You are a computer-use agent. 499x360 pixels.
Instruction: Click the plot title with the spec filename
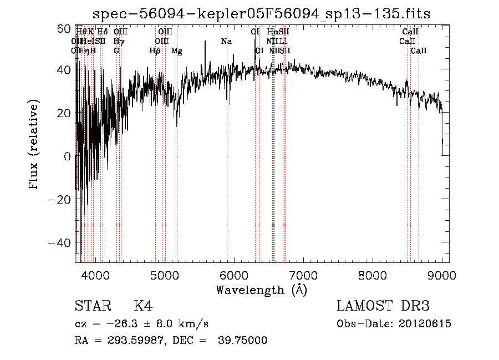[261, 13]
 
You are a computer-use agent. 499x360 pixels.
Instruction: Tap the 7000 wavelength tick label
[303, 275]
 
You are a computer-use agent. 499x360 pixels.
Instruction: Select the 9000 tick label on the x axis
[442, 275]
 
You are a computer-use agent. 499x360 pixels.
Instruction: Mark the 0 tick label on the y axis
[67, 157]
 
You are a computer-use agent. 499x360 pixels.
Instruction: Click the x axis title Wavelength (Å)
[261, 290]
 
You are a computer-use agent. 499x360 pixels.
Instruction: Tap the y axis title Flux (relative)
[34, 145]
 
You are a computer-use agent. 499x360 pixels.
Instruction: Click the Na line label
[226, 41]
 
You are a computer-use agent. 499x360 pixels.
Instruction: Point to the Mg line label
[176, 51]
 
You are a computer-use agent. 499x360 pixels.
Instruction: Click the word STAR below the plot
[92, 306]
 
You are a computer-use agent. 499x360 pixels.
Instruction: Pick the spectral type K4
[142, 306]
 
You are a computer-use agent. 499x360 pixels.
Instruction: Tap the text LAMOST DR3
[383, 306]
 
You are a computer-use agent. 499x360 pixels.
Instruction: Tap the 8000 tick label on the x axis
[373, 275]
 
